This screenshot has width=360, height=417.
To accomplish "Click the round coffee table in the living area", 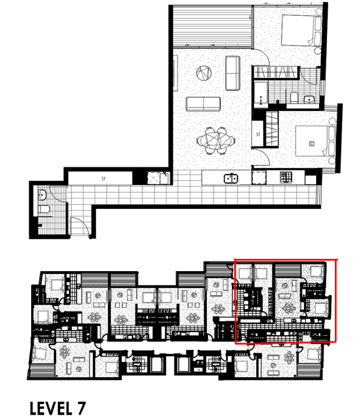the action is pyautogui.click(x=204, y=73).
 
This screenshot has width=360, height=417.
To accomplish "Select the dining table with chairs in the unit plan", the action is pyautogui.click(x=216, y=140).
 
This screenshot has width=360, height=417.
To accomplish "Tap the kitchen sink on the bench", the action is pyautogui.click(x=231, y=178).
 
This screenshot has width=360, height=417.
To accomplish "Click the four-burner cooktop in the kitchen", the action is pyautogui.click(x=286, y=177).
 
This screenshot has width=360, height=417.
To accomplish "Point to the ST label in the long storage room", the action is pyautogui.click(x=104, y=178).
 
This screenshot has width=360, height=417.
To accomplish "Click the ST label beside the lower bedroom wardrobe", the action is pyautogui.click(x=258, y=134).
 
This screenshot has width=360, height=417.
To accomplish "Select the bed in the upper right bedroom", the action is pyautogui.click(x=301, y=31).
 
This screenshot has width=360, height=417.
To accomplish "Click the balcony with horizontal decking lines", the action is pyautogui.click(x=212, y=26).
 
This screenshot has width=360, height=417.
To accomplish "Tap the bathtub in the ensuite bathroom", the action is pyautogui.click(x=261, y=95).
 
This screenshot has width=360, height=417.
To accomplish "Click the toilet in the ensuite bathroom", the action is pyautogui.click(x=294, y=98).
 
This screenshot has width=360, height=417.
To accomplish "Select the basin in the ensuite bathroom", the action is pyautogui.click(x=309, y=100).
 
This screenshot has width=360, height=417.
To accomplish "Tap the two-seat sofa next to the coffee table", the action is pyautogui.click(x=233, y=73).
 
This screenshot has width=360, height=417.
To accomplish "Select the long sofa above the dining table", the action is pyautogui.click(x=203, y=104).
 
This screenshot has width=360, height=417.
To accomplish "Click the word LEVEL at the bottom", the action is pyautogui.click(x=51, y=408).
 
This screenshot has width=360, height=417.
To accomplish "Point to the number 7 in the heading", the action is pyautogui.click(x=81, y=408).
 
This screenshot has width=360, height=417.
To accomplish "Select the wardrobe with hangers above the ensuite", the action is pyautogui.click(x=276, y=72).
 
